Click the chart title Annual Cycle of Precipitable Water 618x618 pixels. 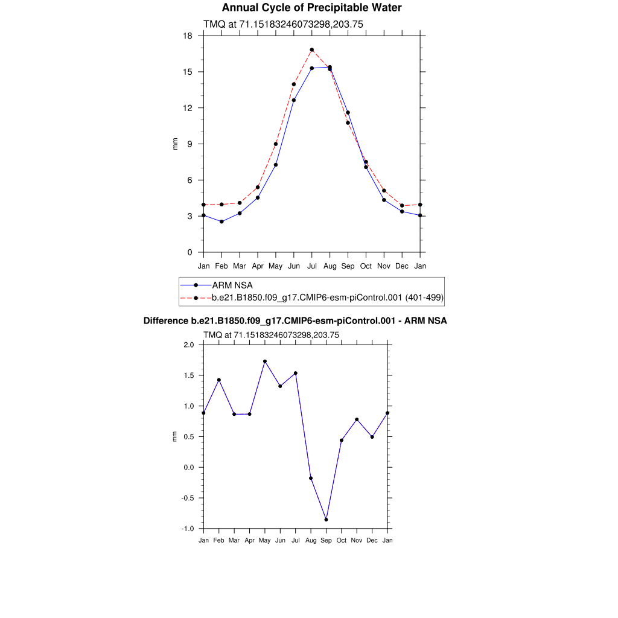(311, 8)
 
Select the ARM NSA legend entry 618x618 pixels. (232, 285)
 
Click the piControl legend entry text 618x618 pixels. (328, 298)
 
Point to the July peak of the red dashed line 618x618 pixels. (312, 49)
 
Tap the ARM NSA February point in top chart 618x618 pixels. (221, 221)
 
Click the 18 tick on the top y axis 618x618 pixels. (188, 36)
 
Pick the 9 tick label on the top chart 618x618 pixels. (190, 144)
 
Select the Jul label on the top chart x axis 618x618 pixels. (312, 266)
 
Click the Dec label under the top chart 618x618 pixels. (402, 266)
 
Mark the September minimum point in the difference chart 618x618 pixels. (326, 520)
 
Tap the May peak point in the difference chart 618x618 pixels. (265, 362)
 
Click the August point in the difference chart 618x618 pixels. (311, 478)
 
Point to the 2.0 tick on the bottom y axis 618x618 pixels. (188, 345)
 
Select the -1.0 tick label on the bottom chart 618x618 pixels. (188, 529)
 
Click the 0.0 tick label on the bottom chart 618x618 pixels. (188, 468)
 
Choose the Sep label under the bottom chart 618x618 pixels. (326, 540)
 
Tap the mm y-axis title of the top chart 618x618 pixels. (176, 144)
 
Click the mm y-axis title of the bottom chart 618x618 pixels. (176, 436)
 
